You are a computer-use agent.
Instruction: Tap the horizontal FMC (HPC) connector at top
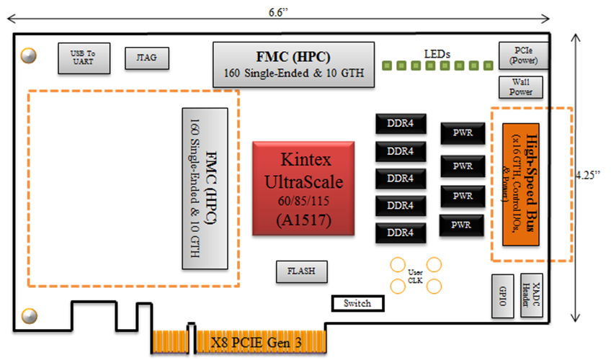point(294,65)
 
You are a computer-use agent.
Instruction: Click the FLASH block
point(301,271)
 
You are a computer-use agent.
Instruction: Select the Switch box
point(357,303)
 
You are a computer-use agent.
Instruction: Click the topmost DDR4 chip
point(400,124)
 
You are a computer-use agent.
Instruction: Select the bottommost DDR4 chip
point(400,232)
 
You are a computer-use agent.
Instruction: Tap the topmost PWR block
point(463,133)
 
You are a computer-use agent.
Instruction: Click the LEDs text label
point(437,53)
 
